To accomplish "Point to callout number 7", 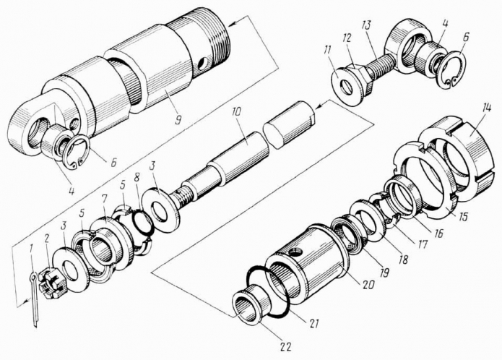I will [105, 198].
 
